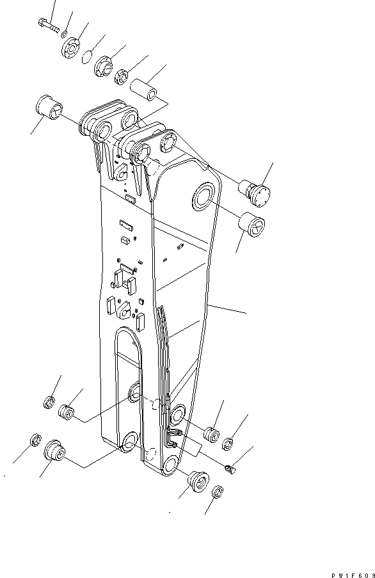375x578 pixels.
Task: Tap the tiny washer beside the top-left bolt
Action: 67,33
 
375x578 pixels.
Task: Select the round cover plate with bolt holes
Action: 72,49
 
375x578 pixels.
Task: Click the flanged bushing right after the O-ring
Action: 103,66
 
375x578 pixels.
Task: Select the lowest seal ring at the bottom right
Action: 217,492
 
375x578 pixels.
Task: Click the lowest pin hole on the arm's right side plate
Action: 170,465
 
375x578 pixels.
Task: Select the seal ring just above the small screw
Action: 229,442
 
